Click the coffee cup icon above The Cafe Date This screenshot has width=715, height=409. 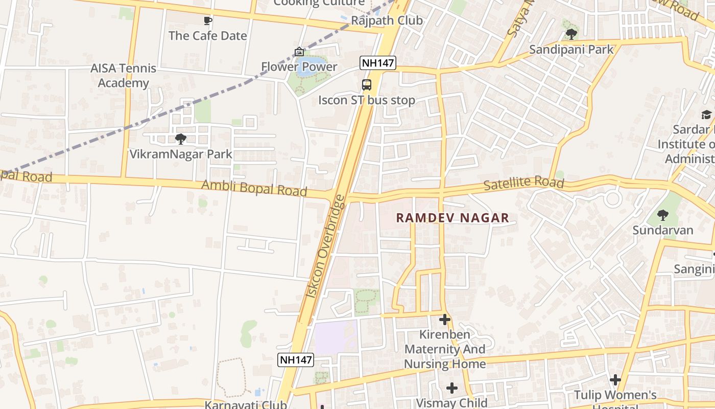(207, 20)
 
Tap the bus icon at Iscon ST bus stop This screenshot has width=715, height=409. (367, 85)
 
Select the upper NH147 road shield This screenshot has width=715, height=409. (377, 63)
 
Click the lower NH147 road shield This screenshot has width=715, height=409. (296, 359)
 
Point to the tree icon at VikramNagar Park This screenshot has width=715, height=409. (180, 139)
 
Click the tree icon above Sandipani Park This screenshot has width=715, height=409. (571, 34)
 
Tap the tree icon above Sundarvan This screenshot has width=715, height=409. (663, 215)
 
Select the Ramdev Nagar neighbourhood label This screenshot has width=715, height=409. (452, 218)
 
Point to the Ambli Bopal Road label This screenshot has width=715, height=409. (254, 188)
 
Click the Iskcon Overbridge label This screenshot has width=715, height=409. (325, 246)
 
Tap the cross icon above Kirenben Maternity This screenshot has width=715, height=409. (445, 320)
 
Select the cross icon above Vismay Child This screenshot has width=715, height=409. (452, 388)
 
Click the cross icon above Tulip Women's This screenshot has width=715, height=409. (615, 380)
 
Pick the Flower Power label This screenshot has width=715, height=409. (299, 66)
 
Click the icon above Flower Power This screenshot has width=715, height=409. (299, 52)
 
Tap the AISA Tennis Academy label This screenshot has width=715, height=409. (123, 75)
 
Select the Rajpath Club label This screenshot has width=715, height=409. (387, 20)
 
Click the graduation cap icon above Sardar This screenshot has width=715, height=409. (706, 115)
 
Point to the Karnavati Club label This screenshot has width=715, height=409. (246, 404)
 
